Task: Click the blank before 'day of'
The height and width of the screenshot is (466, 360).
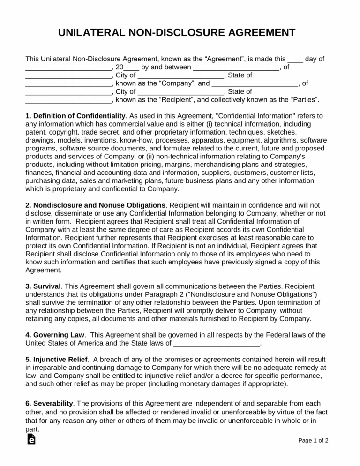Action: coord(295,60)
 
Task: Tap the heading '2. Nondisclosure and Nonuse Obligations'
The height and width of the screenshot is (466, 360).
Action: coord(95,205)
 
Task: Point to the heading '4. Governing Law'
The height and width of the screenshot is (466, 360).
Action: coord(55,335)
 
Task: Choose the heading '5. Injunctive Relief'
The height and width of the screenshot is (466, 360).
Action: coord(56,359)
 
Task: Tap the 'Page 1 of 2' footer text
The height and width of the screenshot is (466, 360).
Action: coord(313,441)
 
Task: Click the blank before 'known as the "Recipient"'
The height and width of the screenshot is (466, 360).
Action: coord(68,100)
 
